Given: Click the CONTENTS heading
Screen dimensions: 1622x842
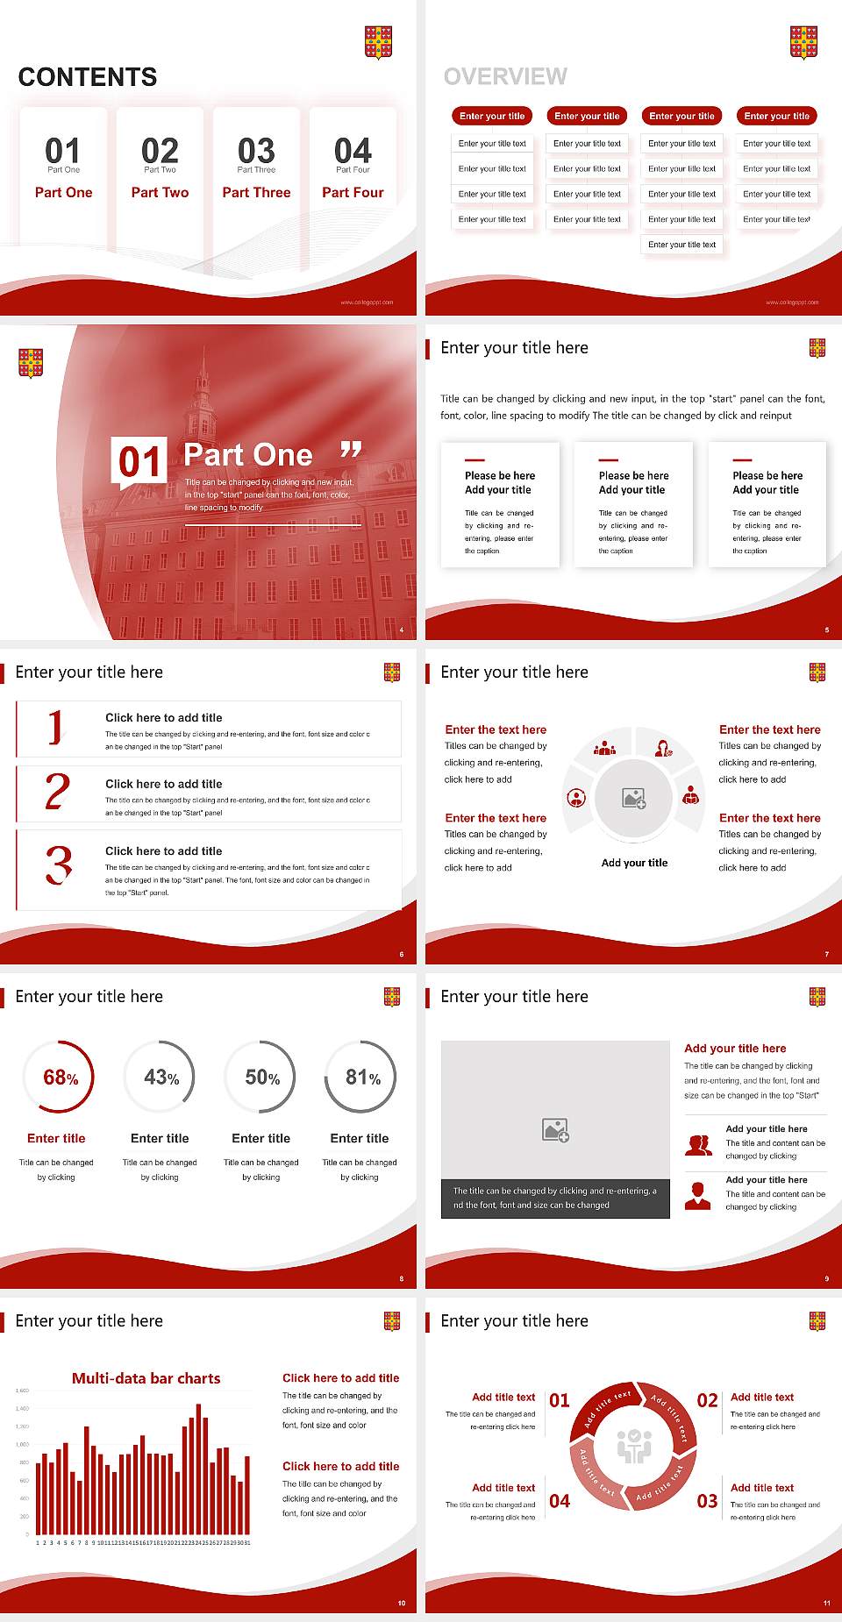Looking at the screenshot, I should pos(88,77).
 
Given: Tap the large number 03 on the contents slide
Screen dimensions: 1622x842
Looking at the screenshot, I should pos(256,151).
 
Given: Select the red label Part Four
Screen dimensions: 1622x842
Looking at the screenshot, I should pos(353,193).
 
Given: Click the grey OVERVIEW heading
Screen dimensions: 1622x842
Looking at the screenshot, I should pos(505,77).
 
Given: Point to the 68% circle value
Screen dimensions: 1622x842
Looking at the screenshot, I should pos(61,1078).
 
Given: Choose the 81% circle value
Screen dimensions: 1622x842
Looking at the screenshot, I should pos(362,1078).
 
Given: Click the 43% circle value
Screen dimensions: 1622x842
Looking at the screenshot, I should pos(161,1078).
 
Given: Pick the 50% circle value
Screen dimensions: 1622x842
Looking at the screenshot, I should pos(262,1078).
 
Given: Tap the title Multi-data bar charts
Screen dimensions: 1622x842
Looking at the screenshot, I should pos(146,1378).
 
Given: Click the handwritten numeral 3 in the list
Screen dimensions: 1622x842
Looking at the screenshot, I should pos(59,864).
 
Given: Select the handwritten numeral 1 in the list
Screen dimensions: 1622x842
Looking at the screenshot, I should pos(55,728).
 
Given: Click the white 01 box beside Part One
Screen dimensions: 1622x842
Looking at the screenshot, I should pos(139,461).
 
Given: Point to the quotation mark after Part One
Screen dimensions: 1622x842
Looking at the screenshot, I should pos(351,450).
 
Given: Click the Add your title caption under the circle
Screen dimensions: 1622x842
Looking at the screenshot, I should pos(634,863).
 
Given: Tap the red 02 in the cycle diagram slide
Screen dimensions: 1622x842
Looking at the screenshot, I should pos(707,1400).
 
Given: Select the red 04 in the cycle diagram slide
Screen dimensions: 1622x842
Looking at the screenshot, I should pos(560,1501).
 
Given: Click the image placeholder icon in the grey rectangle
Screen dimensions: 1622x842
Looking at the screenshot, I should pos(556,1130).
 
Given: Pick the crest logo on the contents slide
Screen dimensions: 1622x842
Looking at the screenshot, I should pos(378,42).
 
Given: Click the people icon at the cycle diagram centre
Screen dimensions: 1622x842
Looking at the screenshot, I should pos(634,1447).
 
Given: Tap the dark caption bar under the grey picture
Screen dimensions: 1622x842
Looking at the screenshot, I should pos(555,1199).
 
